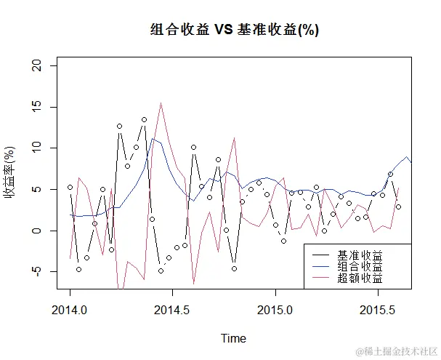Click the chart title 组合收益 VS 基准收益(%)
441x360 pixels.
point(235,30)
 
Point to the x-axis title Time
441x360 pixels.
point(233,338)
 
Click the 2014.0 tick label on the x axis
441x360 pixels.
point(70,309)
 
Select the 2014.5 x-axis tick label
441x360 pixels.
point(172,309)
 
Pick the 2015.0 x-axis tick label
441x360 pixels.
point(275,309)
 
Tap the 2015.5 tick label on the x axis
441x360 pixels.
point(378,309)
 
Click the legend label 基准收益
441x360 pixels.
point(360,255)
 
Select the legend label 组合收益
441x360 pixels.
point(360,267)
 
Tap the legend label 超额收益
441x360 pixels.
point(360,279)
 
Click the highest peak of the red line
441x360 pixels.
point(161,103)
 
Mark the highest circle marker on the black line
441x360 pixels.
point(144,119)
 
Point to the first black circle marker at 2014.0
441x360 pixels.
point(70,187)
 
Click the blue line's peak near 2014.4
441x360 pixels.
point(153,138)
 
